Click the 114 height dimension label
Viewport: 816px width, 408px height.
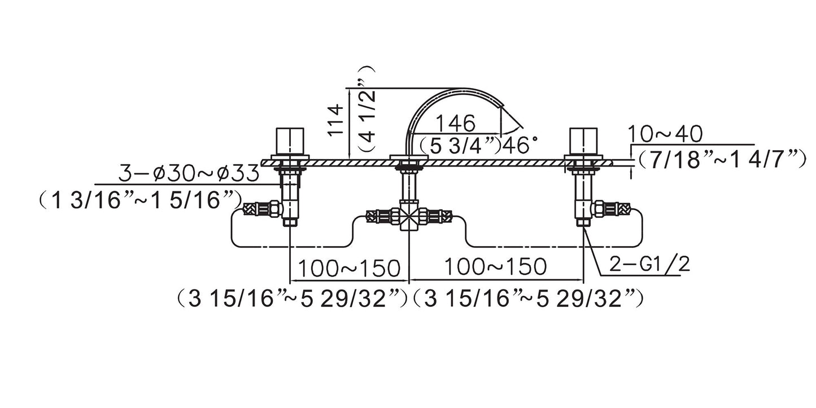click(x=335, y=120)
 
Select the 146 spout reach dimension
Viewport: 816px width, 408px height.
click(x=455, y=123)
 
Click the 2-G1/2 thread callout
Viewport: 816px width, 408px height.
click(x=649, y=265)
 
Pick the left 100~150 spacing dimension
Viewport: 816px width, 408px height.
click(x=349, y=269)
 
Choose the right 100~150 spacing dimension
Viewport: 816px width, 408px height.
click(x=495, y=267)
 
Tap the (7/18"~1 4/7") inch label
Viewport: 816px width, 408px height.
click(x=721, y=159)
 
